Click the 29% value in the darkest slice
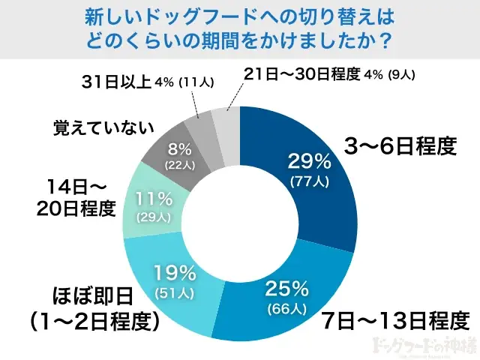tap(309, 161)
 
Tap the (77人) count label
tap(309, 182)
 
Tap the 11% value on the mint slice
tap(155, 199)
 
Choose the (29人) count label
tap(155, 217)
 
